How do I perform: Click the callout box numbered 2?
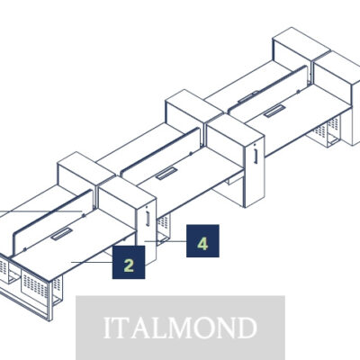click(x=129, y=262)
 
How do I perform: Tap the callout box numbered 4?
click(x=202, y=241)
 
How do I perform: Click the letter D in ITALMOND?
click(x=244, y=328)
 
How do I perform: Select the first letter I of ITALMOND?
click(x=108, y=328)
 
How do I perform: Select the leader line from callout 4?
click(x=166, y=241)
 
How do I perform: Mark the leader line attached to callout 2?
click(x=92, y=262)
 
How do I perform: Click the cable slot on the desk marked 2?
click(x=61, y=234)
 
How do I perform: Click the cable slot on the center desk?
click(x=166, y=174)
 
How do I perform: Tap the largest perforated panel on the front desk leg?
click(x=35, y=285)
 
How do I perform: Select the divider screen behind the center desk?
click(x=160, y=151)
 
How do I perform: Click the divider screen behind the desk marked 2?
click(x=52, y=223)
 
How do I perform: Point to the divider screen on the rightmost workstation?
click(x=268, y=89)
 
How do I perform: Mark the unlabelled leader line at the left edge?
click(x=41, y=212)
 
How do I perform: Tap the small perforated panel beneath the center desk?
click(x=164, y=222)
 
